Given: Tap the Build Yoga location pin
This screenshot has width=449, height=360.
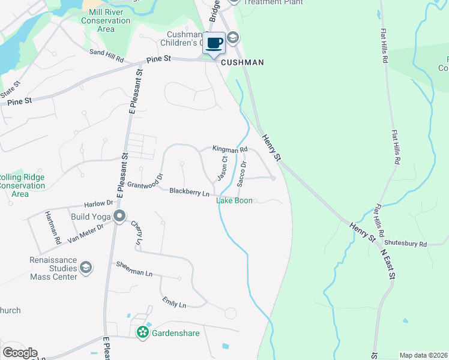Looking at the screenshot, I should (119, 216).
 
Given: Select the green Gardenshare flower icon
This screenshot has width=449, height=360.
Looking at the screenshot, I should (143, 332).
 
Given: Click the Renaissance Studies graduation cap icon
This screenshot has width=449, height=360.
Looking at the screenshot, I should (86, 267).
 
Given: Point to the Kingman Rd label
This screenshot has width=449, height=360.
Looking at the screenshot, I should (230, 149).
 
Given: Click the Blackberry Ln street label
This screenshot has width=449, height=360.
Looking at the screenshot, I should (189, 192).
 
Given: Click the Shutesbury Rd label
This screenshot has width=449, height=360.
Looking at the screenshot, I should (406, 244).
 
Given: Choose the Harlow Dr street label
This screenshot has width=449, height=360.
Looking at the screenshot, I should (100, 203).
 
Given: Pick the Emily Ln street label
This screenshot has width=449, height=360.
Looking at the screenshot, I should (173, 302).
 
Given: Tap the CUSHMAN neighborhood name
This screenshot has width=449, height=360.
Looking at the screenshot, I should (243, 62).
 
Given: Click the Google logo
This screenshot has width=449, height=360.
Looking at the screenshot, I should (20, 353).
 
